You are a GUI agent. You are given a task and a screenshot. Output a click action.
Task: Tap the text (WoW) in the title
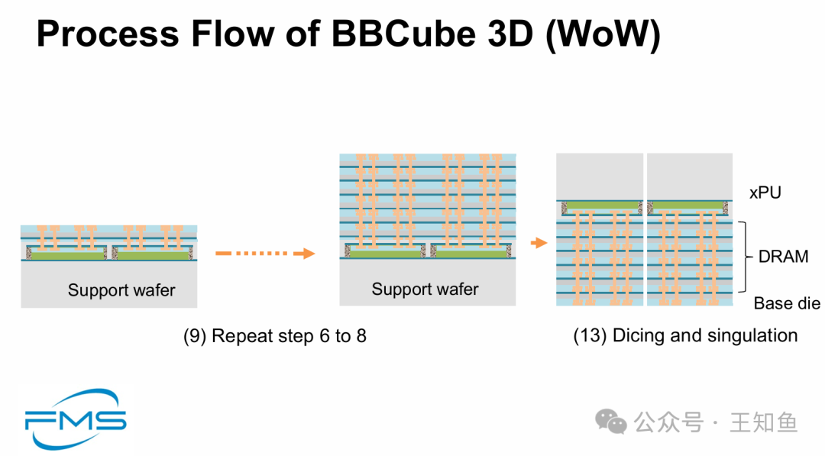click(x=603, y=34)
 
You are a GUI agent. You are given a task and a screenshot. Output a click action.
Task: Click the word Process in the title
click(x=108, y=34)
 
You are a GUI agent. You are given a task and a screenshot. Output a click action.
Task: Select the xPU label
click(x=765, y=192)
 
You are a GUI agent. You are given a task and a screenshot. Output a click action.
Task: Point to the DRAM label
click(x=784, y=257)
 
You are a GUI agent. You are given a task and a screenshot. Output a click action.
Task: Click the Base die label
click(x=787, y=303)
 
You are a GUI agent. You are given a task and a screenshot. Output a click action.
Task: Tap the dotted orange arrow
click(x=265, y=254)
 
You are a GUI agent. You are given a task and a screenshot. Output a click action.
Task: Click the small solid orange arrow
click(x=539, y=242)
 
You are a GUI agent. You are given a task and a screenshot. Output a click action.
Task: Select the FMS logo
click(x=76, y=419)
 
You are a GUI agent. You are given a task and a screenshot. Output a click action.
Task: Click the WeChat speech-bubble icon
click(x=611, y=422)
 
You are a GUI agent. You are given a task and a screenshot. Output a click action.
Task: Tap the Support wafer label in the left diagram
click(x=121, y=289)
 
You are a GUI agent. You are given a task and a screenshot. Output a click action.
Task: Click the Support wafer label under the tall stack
click(x=425, y=289)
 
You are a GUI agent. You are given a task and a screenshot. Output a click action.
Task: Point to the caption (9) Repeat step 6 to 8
click(x=275, y=335)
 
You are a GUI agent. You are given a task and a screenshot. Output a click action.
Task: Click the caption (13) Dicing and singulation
click(x=685, y=335)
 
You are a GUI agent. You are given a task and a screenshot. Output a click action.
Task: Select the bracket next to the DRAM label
click(x=743, y=257)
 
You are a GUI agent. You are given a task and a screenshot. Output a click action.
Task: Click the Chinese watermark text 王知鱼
click(x=764, y=422)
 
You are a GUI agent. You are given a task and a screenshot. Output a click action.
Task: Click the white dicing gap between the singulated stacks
click(x=645, y=229)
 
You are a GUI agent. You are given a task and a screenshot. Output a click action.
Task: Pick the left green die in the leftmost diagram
click(x=66, y=254)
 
